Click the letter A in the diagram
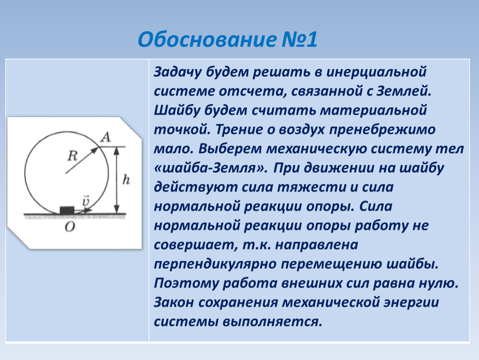click(106, 137)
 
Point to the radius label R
click(72, 156)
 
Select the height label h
click(126, 180)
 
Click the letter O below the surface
click(70, 226)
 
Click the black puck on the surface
click(67, 210)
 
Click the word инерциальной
click(376, 72)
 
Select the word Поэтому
click(186, 284)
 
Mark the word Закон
click(174, 302)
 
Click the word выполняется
click(272, 322)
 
